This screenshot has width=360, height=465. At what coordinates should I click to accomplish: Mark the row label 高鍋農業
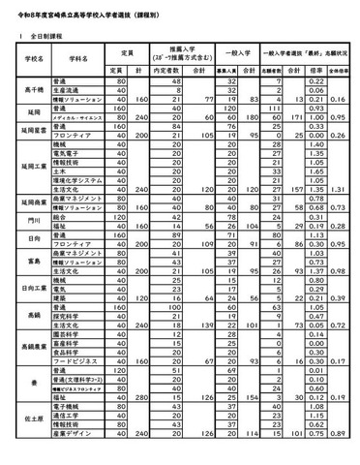click(28, 343)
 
